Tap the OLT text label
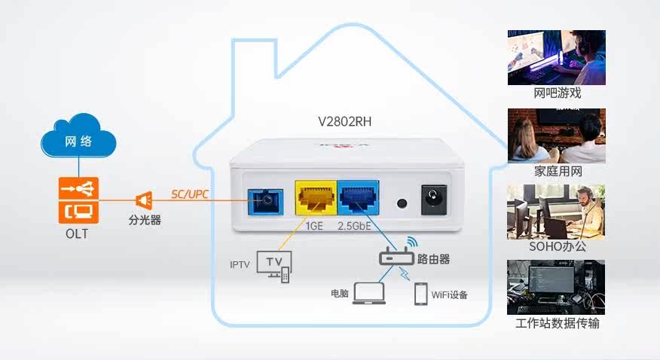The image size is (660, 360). click(x=76, y=234)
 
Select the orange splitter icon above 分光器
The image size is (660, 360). click(x=144, y=200)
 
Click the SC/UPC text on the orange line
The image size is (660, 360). click(x=189, y=195)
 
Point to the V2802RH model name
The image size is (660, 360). click(x=346, y=121)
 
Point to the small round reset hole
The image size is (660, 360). click(x=402, y=203)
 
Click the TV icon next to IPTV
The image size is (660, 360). click(x=274, y=264)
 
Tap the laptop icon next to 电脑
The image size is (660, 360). click(x=368, y=293)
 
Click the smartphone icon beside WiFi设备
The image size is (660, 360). click(x=420, y=294)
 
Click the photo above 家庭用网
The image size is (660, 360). click(x=557, y=136)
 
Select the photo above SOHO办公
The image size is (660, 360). click(x=557, y=212)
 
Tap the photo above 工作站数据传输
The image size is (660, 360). click(x=557, y=287)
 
